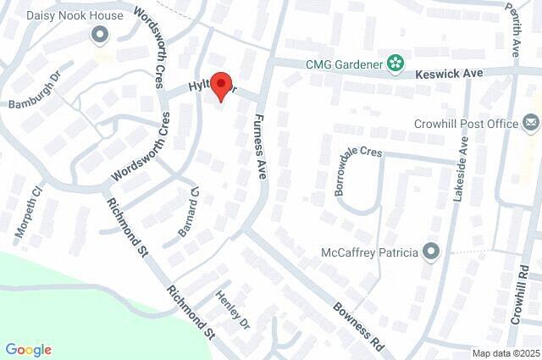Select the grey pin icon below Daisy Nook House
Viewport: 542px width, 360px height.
tap(100, 35)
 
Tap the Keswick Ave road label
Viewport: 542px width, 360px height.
tap(449, 75)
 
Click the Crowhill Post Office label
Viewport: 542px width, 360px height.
tap(466, 124)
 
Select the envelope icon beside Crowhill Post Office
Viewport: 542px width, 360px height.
tap(531, 124)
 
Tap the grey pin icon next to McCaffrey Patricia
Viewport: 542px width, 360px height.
tap(432, 252)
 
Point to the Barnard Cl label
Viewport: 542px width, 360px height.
tap(187, 211)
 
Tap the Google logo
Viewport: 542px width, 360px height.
tap(28, 350)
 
